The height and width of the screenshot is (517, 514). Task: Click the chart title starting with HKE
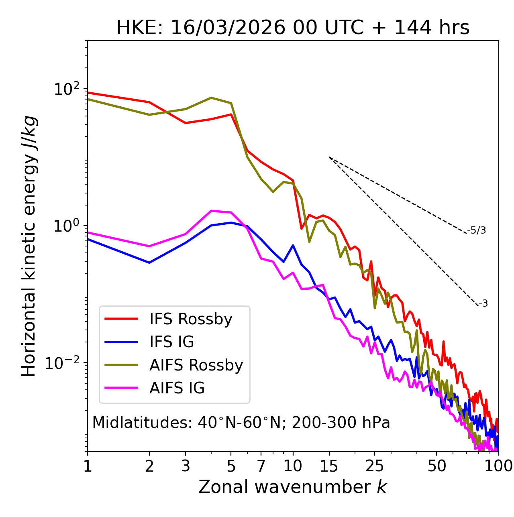coord(293,28)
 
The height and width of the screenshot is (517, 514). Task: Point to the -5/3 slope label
coord(477,230)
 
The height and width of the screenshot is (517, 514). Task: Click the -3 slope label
coord(483,304)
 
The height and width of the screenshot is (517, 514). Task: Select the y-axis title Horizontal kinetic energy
coord(29,246)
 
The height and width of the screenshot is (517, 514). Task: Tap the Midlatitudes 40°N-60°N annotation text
coord(241,423)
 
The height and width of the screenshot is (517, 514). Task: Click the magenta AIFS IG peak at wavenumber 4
coord(211,211)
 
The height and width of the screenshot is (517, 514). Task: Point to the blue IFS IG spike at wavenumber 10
coord(293,245)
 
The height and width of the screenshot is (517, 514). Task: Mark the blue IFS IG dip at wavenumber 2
coord(149,263)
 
